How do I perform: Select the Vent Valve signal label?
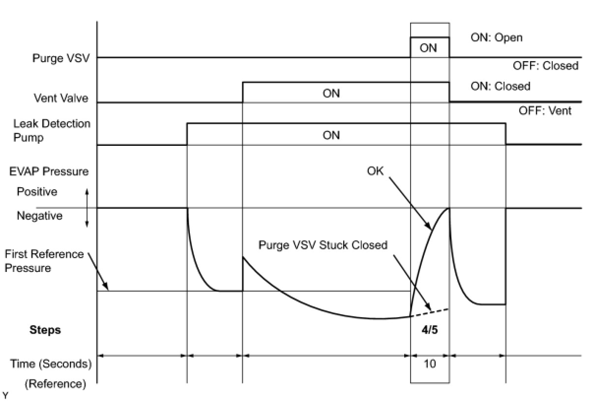(x=61, y=98)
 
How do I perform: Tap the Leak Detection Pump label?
(x=52, y=131)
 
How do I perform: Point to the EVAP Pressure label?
(x=49, y=171)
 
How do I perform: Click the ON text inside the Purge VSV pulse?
(x=428, y=48)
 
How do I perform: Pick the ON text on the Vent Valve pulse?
(x=331, y=93)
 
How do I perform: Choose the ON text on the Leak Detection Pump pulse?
(x=331, y=135)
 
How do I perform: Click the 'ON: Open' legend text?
(x=497, y=37)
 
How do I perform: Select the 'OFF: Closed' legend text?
(x=545, y=66)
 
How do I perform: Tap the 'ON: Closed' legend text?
(x=501, y=86)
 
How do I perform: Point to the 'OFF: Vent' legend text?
(x=545, y=111)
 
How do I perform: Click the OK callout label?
(x=375, y=171)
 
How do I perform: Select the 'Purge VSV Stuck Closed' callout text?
(x=323, y=245)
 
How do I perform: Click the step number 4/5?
(x=429, y=330)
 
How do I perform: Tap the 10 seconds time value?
(x=429, y=364)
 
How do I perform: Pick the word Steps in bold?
(x=45, y=330)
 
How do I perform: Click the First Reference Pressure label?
(x=44, y=261)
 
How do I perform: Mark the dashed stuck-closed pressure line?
(x=430, y=312)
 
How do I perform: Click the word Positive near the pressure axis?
(x=37, y=192)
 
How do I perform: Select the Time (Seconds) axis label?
(x=51, y=364)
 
